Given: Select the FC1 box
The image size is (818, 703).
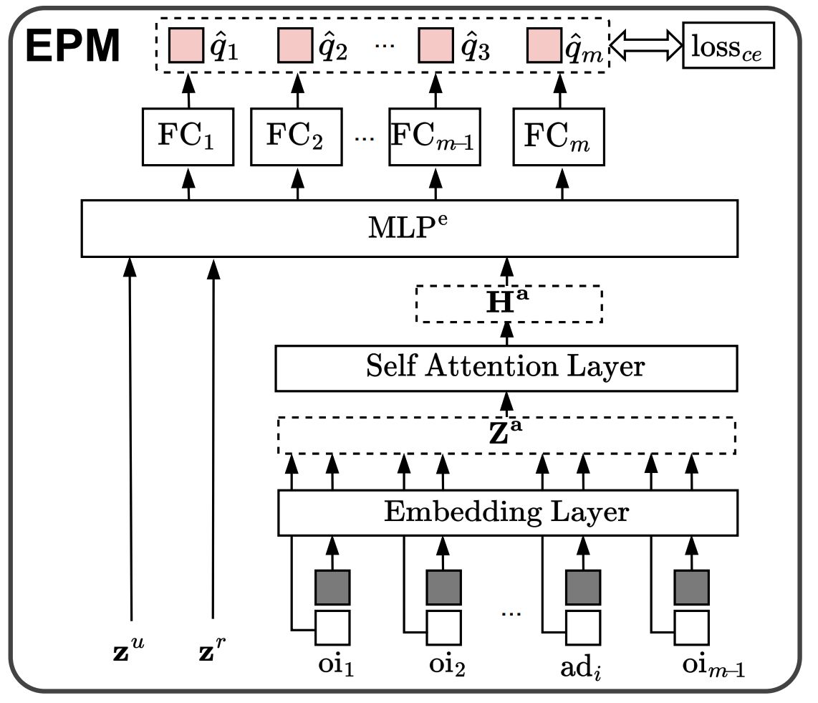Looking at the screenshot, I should coord(189,136).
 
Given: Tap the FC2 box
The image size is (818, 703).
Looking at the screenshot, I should coord(297,136).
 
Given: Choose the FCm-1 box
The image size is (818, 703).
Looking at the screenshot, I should coord(435,136).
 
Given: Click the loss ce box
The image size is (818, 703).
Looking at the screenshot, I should coord(728,47).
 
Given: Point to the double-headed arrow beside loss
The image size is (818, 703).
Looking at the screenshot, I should coord(645,47).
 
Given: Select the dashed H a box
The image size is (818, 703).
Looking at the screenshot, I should coord(509,305).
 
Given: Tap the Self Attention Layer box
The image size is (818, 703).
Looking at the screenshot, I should coord(506,368).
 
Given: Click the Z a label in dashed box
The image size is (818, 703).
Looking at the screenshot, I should coord(507,435).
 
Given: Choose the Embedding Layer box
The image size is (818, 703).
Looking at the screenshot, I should coord(506,512).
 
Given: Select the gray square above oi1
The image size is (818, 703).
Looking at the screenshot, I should coord(332,588).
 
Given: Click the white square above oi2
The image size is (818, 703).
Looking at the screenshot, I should coord(443,628).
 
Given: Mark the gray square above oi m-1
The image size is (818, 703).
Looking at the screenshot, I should coord(691,588).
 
